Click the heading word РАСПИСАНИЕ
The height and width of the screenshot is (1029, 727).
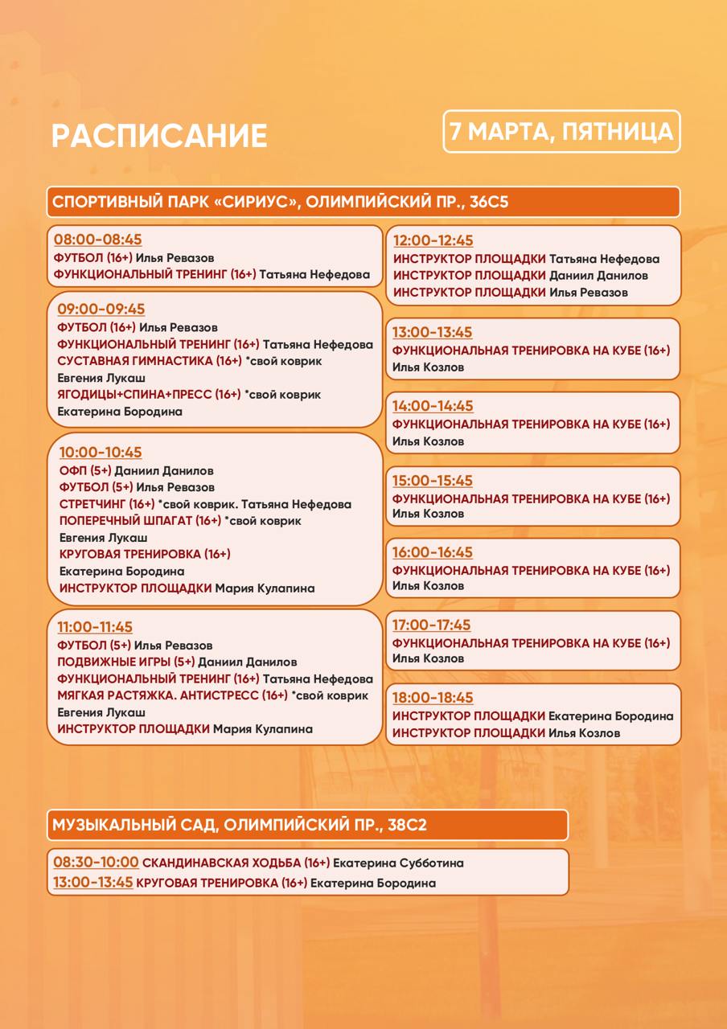(x=159, y=136)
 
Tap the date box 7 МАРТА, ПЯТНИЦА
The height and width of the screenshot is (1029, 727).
(x=561, y=132)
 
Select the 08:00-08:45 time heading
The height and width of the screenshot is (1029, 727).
(x=97, y=240)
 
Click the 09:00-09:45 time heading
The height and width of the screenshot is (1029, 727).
(x=101, y=310)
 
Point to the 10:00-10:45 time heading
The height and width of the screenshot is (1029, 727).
(x=101, y=453)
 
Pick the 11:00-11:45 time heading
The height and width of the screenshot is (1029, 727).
(x=95, y=627)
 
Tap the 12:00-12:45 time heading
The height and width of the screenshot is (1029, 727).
(x=433, y=240)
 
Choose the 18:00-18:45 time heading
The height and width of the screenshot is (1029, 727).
(x=433, y=698)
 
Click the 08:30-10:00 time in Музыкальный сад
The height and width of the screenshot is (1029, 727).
(x=96, y=863)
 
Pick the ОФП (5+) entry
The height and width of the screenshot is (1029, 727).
(x=85, y=470)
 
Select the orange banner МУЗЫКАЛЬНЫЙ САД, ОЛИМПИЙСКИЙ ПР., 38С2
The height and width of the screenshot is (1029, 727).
(x=307, y=825)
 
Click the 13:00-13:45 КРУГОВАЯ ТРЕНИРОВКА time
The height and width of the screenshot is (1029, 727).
(x=92, y=883)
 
